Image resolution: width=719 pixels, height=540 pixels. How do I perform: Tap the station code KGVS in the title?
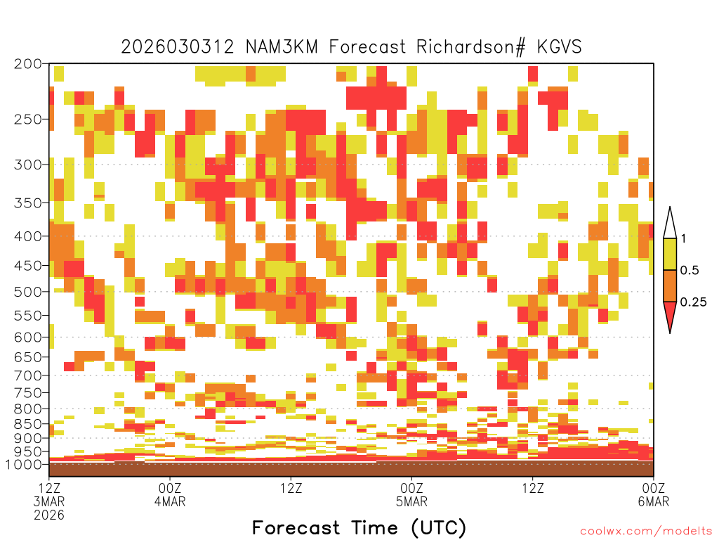pos(559,47)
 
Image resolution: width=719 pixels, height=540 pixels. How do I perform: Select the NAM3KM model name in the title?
pos(282,47)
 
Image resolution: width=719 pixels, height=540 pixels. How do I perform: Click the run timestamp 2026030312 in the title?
pos(178,47)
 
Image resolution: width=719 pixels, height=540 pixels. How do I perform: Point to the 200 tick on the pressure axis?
pos(28,64)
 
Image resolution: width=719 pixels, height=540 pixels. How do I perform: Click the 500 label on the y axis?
pos(28,292)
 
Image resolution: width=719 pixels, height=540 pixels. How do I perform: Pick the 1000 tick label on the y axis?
pos(24,464)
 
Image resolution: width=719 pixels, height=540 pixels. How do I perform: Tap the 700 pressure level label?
pos(28,375)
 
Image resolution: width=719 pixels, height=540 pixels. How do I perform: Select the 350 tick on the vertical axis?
pos(28,203)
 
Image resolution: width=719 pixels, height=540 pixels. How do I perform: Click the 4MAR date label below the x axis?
pos(170,501)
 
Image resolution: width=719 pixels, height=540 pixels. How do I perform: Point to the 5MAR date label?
pos(411,501)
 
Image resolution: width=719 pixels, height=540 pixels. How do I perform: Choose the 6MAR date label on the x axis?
pos(654,501)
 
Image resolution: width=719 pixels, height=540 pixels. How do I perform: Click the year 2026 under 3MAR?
pos(49,515)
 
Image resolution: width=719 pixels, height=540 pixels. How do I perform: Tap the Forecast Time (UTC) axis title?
pos(359,528)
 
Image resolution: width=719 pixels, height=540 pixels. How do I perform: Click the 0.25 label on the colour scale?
pos(693,302)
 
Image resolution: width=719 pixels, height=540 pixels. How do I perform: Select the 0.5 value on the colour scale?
pos(690,270)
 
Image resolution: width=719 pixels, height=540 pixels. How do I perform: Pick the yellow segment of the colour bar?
pos(670,254)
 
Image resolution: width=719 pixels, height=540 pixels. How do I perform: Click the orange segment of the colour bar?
pos(670,285)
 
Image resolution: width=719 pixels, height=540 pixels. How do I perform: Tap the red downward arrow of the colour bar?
pos(670,314)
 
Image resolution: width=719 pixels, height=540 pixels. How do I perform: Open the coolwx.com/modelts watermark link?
pos(646,532)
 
